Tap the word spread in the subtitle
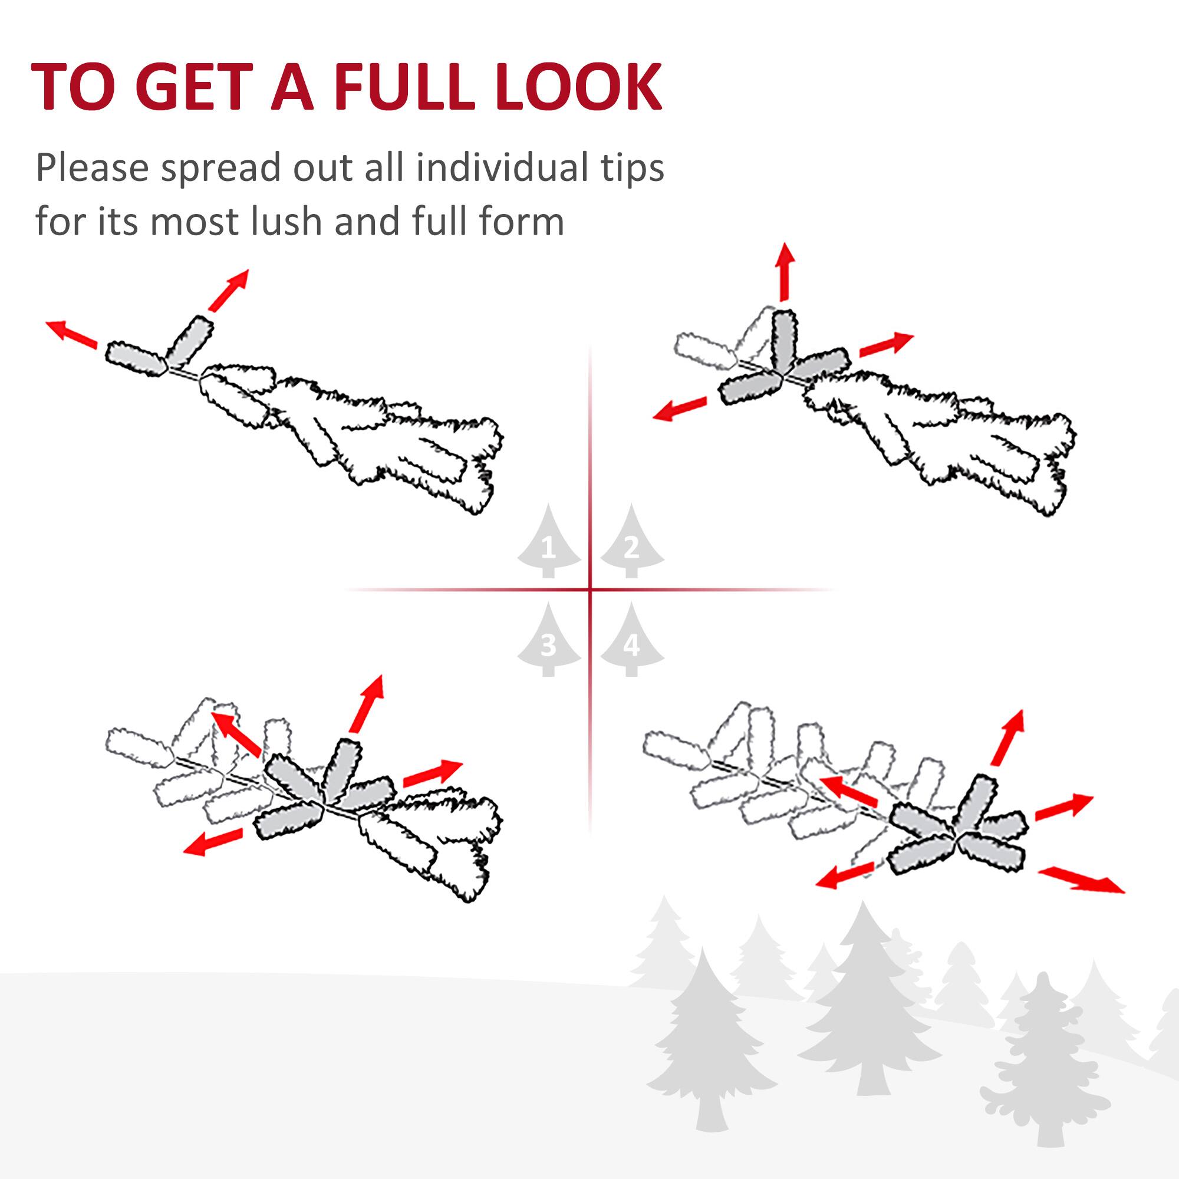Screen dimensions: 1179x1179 click(220, 169)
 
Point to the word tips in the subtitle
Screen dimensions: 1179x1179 click(632, 169)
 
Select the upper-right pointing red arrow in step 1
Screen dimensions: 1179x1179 click(228, 289)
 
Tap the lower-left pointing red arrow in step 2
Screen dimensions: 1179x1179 click(679, 409)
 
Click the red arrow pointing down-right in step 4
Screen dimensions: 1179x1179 click(1081, 880)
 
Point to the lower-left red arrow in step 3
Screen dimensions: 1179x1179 click(213, 842)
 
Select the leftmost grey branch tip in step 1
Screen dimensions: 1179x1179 click(136, 358)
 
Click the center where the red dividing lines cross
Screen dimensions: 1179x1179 click(590, 589)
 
